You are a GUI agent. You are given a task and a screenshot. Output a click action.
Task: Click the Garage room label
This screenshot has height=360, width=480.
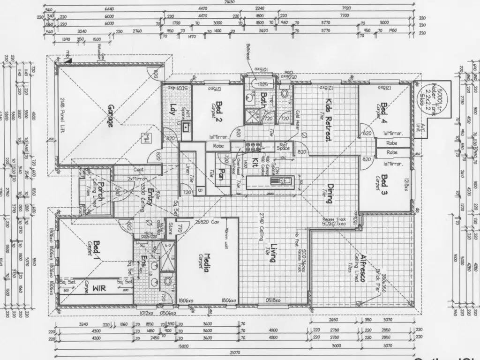(111, 115)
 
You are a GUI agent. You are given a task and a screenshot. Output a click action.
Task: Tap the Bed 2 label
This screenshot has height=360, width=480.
(218, 113)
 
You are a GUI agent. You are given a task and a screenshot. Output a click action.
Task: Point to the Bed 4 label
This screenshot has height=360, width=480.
(385, 112)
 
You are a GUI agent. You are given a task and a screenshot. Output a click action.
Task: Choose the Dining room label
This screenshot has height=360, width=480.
(330, 193)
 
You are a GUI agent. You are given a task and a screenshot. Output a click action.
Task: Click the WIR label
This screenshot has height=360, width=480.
(99, 288)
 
